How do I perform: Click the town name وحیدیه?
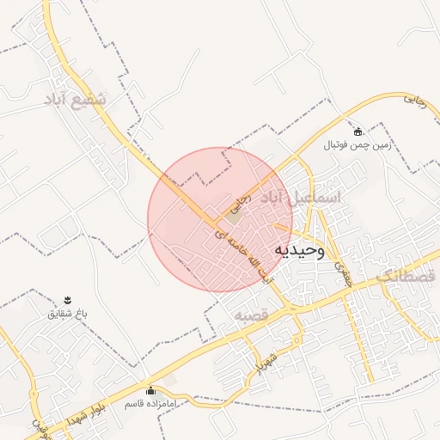click(299, 250)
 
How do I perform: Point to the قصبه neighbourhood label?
click(252, 316)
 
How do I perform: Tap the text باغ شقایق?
click(68, 314)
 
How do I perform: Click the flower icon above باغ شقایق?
click(67, 299)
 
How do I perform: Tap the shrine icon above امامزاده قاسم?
click(151, 389)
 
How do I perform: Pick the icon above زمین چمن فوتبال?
click(357, 131)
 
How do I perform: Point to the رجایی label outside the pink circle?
click(414, 100)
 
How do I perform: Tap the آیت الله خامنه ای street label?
click(245, 252)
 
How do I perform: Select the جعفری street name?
click(341, 269)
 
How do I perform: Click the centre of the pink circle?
click(220, 219)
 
